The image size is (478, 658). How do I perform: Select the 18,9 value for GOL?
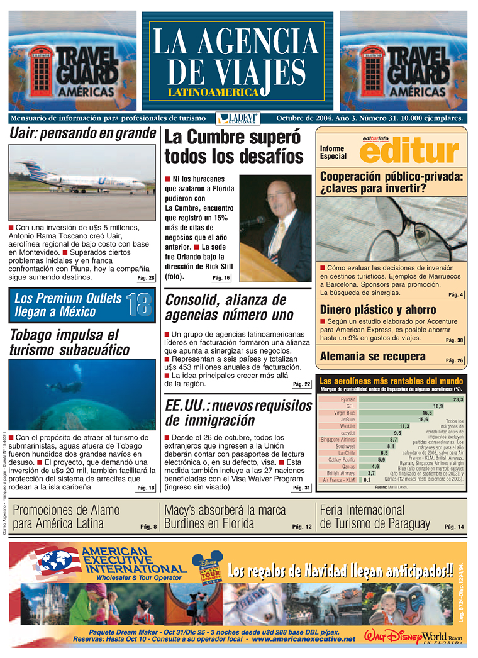click(438, 406)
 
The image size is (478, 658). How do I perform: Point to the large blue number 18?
click(138, 304)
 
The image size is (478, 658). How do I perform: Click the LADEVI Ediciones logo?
click(229, 118)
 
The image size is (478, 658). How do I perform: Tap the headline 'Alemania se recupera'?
click(372, 357)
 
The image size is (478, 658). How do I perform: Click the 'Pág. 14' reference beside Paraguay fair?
click(453, 527)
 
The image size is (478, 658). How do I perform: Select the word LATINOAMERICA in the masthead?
click(213, 92)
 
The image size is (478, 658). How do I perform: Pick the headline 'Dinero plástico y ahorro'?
click(378, 309)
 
